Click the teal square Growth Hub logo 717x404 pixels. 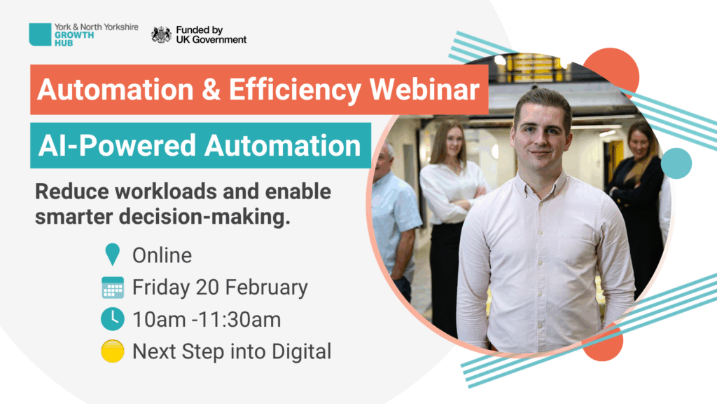click(x=40, y=34)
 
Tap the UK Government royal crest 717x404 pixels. click(x=161, y=35)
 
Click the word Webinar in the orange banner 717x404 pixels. click(x=424, y=89)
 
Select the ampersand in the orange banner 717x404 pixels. click(x=211, y=89)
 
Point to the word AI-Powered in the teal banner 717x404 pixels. click(x=117, y=146)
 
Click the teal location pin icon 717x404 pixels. click(x=112, y=254)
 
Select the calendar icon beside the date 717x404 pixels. click(x=113, y=288)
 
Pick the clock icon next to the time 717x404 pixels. click(x=113, y=319)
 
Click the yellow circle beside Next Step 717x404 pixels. click(x=113, y=351)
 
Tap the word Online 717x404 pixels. click(x=162, y=255)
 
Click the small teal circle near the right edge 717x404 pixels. click(x=676, y=163)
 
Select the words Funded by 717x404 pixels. click(x=200, y=30)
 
